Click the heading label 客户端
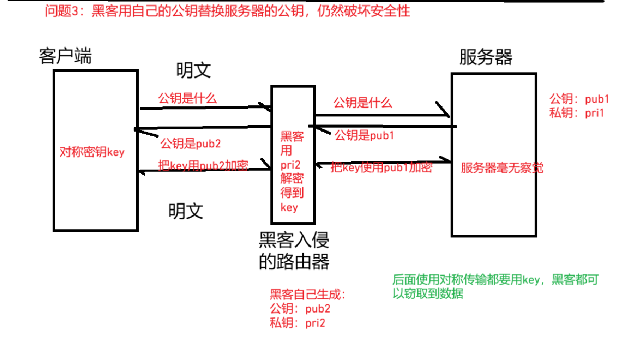(65, 56)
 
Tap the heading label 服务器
(486, 57)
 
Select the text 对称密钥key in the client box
(92, 152)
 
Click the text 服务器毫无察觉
(502, 168)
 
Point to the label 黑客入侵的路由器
(294, 250)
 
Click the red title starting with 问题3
(227, 11)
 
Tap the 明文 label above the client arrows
(193, 70)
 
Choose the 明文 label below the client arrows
(186, 210)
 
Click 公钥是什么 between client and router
(187, 98)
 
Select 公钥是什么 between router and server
(363, 103)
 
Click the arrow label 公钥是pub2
(190, 143)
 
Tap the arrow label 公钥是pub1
(364, 135)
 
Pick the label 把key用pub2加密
(203, 166)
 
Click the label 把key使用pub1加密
(381, 168)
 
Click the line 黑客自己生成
(308, 295)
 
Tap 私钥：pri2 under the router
(298, 323)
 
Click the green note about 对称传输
(495, 286)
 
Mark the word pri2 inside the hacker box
(292, 165)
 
